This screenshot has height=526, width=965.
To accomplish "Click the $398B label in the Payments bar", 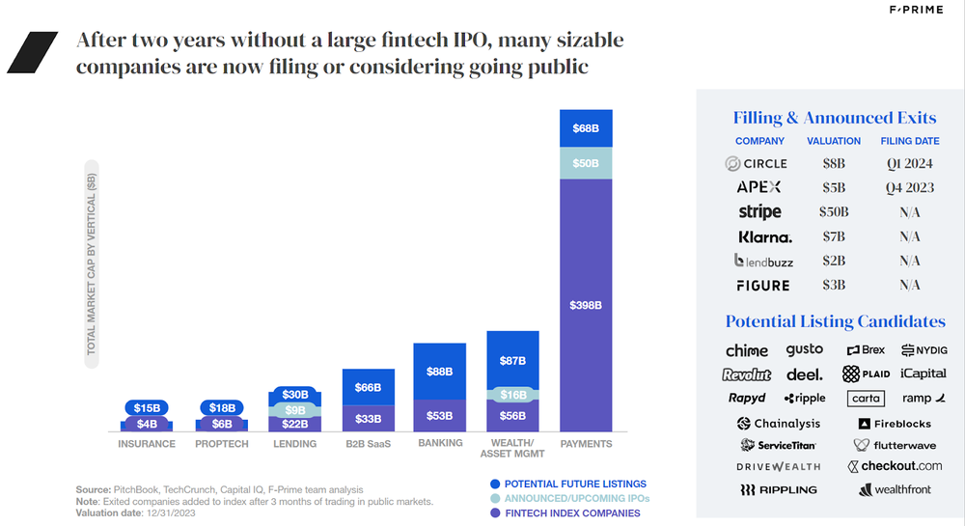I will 586,305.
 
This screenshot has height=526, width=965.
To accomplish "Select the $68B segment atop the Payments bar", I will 586,128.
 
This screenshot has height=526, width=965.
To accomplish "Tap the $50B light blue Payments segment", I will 586,163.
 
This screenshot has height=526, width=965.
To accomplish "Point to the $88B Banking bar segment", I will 439,371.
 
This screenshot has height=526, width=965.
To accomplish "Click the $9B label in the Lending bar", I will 295,409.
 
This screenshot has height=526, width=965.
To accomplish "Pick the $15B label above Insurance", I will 147,408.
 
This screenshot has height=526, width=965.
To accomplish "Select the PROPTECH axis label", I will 222,444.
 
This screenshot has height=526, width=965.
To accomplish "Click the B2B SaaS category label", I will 368,444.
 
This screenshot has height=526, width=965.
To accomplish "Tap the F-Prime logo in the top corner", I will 916,11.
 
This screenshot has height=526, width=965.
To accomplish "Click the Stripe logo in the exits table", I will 759,211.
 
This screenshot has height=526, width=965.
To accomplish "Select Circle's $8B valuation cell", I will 833,164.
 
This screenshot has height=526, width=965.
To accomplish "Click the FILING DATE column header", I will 909,141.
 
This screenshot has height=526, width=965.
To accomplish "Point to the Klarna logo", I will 764,236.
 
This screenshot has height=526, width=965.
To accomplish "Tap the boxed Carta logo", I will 866,398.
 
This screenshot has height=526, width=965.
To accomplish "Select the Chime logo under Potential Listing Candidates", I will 747,350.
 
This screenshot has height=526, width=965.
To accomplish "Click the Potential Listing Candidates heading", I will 835,321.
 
